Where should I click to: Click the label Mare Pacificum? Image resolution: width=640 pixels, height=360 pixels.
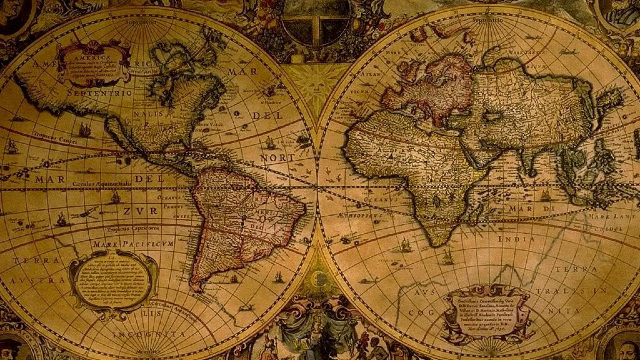(x=133, y=244)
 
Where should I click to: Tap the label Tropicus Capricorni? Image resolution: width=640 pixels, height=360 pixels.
(x=133, y=229)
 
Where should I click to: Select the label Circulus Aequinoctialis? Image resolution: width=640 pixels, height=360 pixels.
(x=102, y=184)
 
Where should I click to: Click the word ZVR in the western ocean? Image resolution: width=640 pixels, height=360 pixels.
(x=140, y=211)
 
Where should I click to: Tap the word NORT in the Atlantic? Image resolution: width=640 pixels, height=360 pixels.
(x=277, y=158)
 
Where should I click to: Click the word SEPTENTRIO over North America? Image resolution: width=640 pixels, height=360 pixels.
(x=100, y=93)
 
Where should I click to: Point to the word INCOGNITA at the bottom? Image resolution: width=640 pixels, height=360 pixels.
(x=148, y=334)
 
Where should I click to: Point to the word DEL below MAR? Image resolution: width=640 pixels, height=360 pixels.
(x=149, y=179)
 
